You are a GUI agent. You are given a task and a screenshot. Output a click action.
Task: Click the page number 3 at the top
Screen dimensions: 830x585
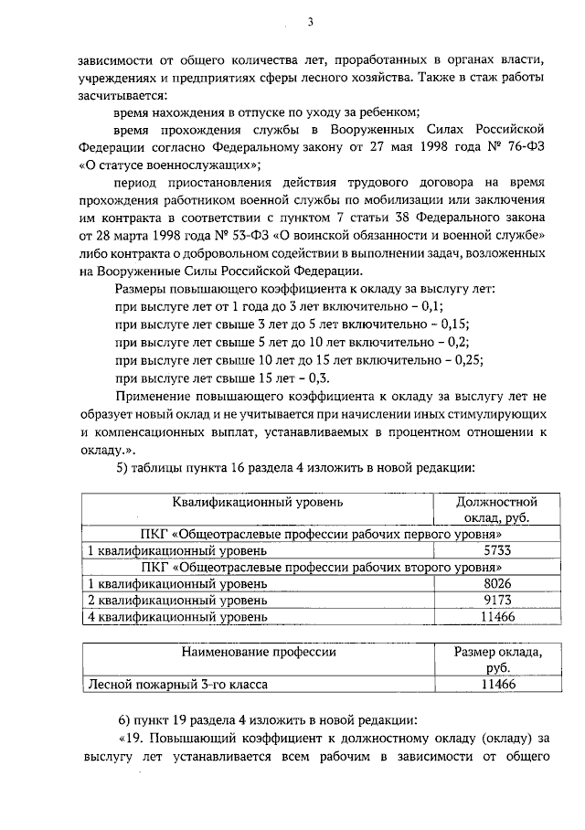pos(310,23)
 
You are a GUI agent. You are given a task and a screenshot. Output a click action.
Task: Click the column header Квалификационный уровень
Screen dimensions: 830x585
pos(258,502)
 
